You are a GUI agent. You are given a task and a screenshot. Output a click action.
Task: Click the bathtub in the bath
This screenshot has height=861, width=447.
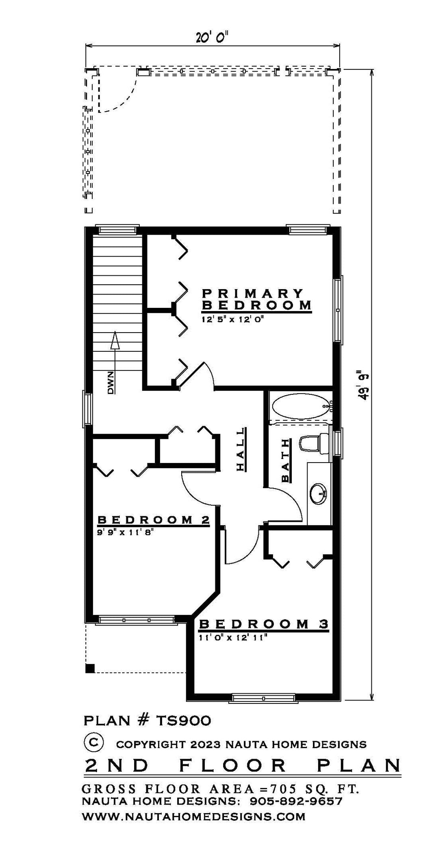point(301,407)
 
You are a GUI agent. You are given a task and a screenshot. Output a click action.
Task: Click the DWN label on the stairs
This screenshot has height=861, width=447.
point(111,383)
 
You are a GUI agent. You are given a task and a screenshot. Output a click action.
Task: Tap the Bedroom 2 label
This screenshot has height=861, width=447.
point(153,519)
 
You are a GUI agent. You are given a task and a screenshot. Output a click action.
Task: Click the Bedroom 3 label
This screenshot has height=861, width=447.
point(263,624)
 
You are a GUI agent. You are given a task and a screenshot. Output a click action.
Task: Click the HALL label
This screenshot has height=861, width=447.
point(241,449)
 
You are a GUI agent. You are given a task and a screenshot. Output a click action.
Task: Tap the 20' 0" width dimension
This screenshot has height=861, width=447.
point(213,38)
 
